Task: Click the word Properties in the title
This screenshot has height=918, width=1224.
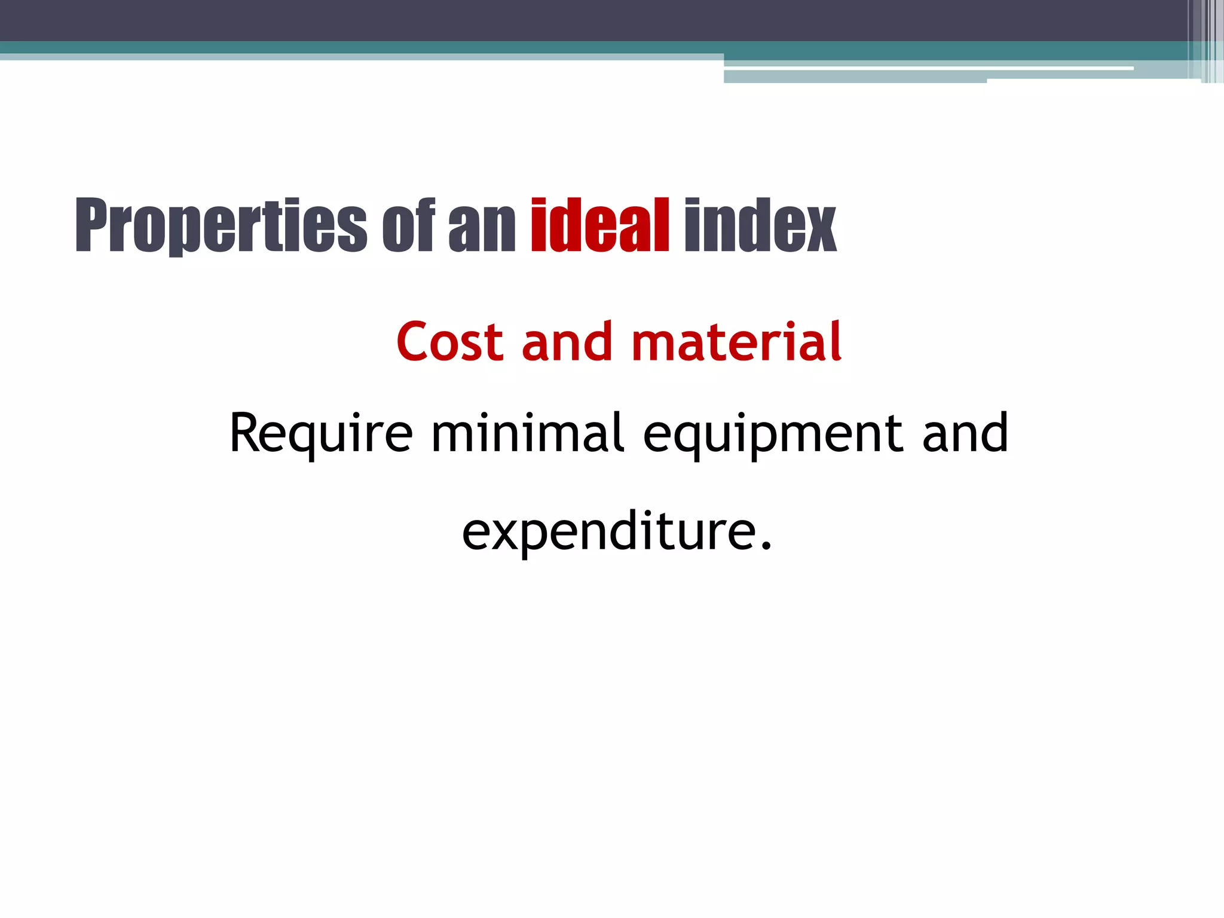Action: [x=221, y=226]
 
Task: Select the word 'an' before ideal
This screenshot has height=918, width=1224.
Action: [x=482, y=230]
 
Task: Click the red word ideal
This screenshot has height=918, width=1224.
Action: [x=599, y=226]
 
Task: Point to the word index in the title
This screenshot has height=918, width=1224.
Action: [x=760, y=226]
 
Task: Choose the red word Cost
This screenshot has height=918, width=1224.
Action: [x=449, y=342]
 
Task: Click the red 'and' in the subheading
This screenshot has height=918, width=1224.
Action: [x=567, y=342]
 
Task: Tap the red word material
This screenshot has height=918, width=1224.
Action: [x=736, y=342]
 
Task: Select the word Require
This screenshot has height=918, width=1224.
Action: [x=321, y=434]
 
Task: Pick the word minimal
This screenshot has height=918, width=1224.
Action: [x=528, y=433]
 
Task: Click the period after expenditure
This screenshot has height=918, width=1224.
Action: [x=766, y=545]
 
